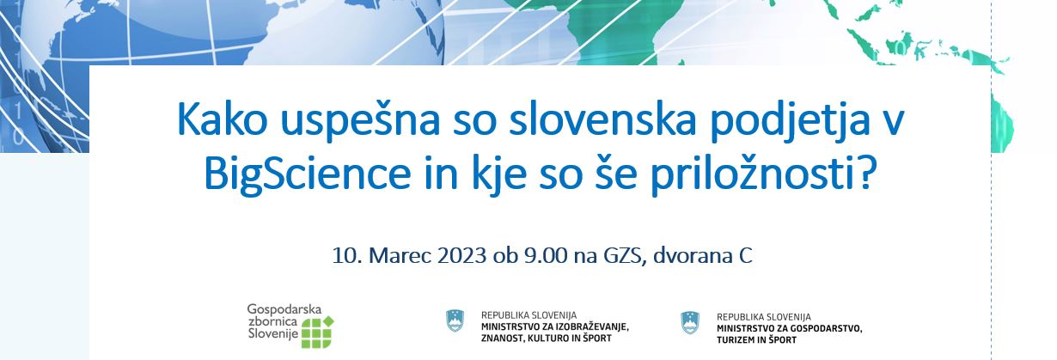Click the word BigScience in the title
[308, 174]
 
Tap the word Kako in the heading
[222, 119]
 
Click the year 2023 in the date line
[462, 256]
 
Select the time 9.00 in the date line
[546, 256]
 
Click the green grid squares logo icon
[317, 332]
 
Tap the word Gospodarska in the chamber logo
[284, 309]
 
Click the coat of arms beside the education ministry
[455, 320]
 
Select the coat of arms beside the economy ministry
[690, 323]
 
